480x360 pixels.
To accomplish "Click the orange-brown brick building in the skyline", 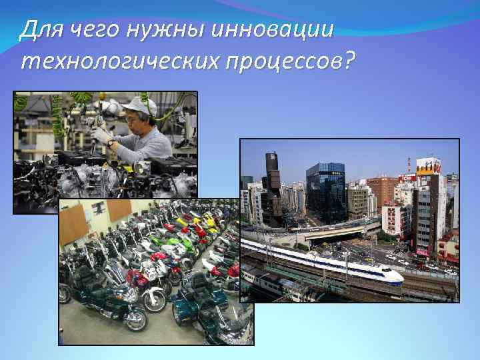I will tap(382, 190).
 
